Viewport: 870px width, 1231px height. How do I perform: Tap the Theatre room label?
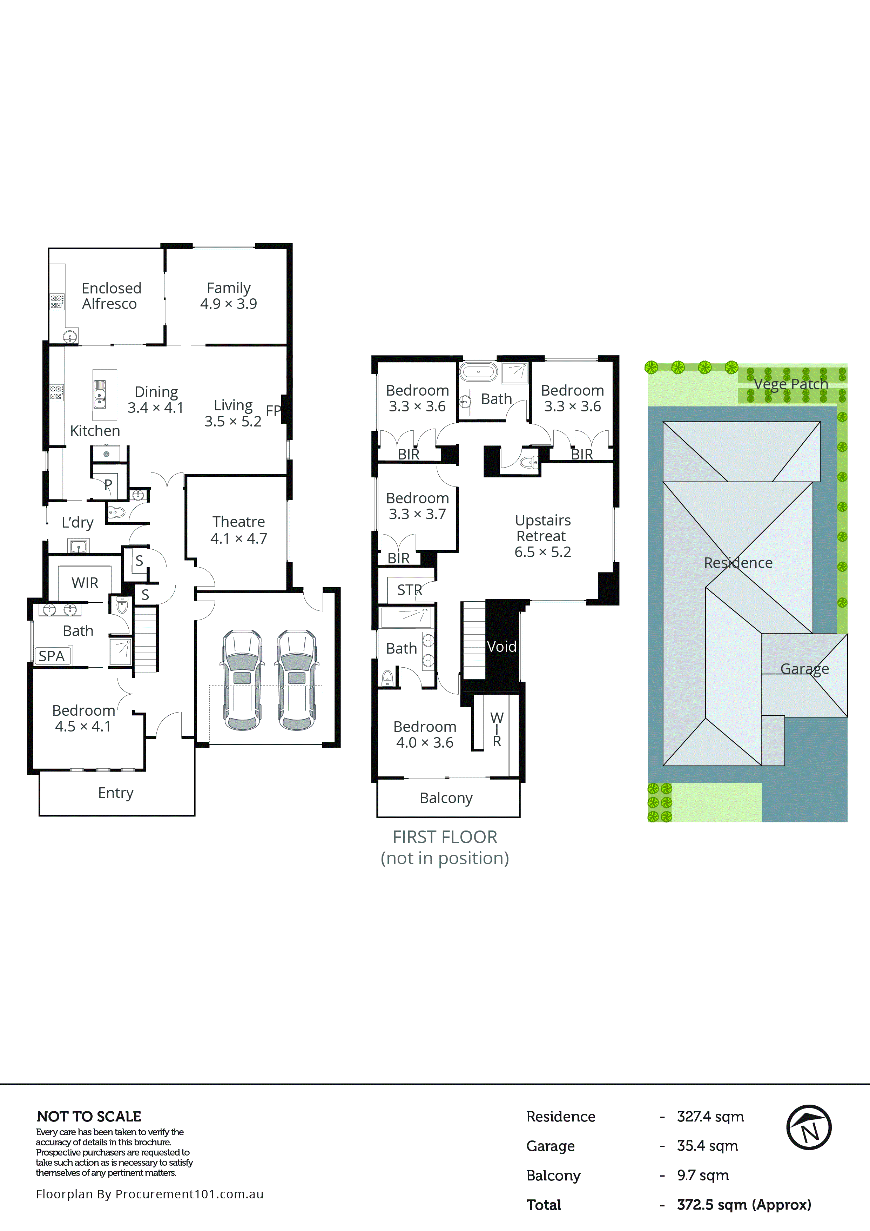238,522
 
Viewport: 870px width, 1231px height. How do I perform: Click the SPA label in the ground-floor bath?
52,656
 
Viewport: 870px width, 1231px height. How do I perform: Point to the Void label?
501,647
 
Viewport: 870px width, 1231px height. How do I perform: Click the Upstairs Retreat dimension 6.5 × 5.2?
543,552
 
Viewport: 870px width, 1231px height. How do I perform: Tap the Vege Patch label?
791,384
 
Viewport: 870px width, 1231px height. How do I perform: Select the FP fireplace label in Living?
273,411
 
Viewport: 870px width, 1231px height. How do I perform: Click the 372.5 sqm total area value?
743,1205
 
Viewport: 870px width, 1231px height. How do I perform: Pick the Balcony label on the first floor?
446,798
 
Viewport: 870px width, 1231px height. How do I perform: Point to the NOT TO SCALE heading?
89,1116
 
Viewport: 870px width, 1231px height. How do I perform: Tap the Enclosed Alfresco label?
111,296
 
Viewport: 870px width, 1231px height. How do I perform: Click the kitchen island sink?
100,394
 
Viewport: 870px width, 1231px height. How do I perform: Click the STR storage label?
409,590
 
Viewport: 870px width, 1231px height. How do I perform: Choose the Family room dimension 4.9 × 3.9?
229,304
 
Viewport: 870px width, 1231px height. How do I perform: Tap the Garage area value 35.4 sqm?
707,1146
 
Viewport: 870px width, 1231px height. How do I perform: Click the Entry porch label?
116,793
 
